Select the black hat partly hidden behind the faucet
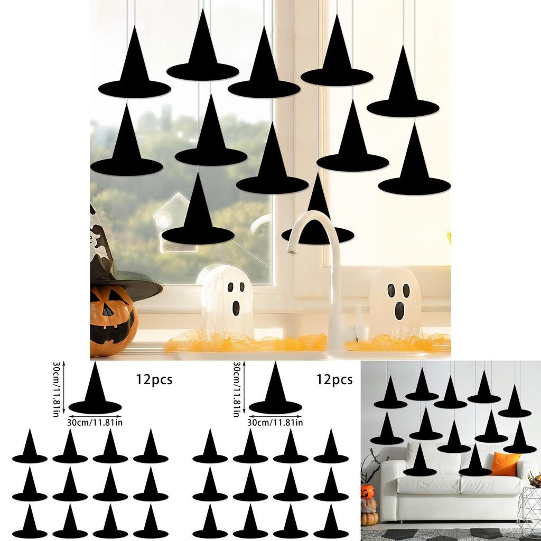pos(317,222)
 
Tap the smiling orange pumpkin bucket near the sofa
pos(368,492)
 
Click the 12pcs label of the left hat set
pos(154,379)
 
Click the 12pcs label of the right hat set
pos(334,379)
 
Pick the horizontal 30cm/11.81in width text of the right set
pos(275,422)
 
